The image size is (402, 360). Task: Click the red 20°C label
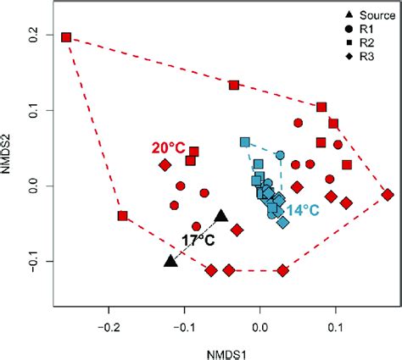click(x=169, y=147)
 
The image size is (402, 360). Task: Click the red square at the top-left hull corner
click(x=66, y=37)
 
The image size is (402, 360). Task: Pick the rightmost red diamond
click(x=388, y=195)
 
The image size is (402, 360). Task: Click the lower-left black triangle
click(x=170, y=261)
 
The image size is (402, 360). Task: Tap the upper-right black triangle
click(x=221, y=216)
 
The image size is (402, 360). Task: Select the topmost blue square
click(x=245, y=142)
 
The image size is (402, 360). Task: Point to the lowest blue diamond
click(x=283, y=222)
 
